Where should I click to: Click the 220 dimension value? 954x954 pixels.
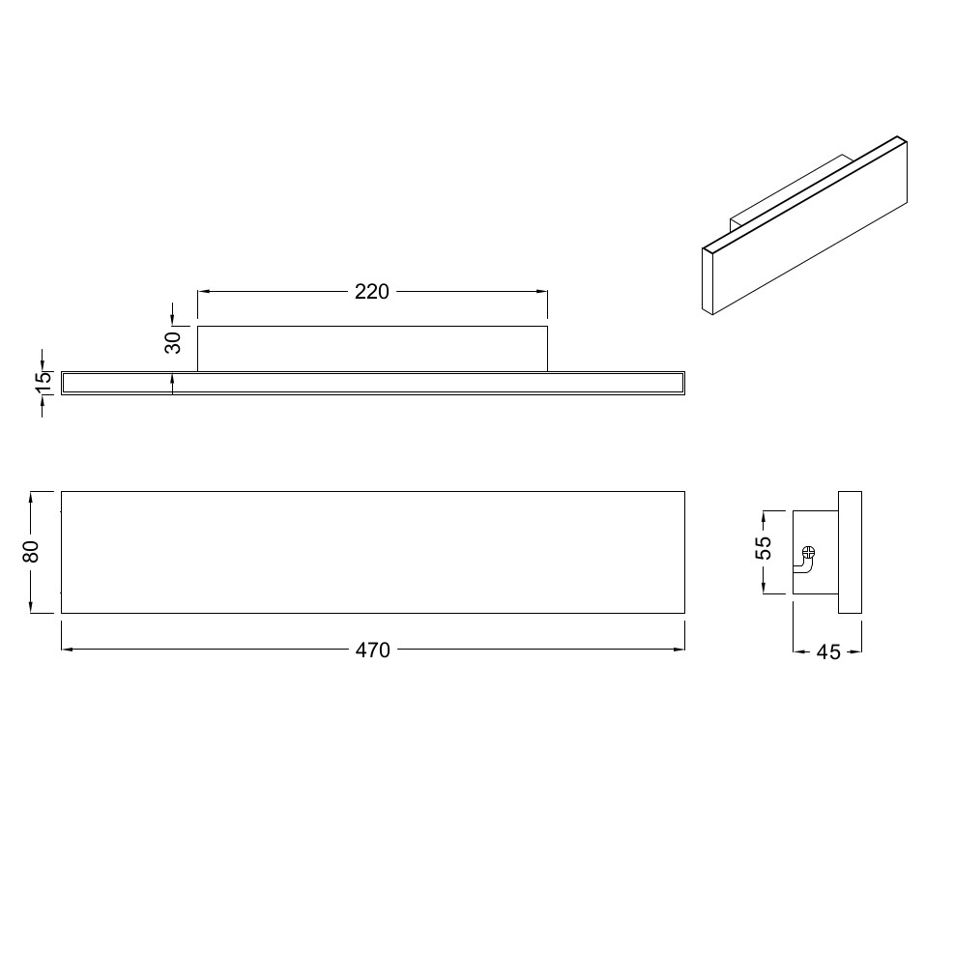[372, 292]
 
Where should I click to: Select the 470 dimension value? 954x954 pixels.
[372, 650]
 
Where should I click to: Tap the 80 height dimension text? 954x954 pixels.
[31, 552]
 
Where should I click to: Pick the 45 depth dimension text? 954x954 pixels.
[828, 652]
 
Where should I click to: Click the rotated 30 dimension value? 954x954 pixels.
[173, 342]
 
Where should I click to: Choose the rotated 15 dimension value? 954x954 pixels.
[43, 383]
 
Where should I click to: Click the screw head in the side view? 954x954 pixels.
[808, 553]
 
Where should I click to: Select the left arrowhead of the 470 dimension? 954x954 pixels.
[68, 650]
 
